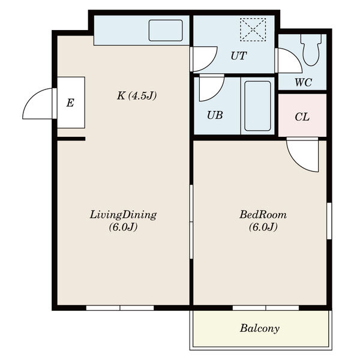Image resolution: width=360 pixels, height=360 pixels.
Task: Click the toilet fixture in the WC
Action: [x=311, y=50]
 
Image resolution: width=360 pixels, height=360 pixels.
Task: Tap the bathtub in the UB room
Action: [x=257, y=106]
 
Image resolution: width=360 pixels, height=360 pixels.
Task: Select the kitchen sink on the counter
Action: [x=166, y=31]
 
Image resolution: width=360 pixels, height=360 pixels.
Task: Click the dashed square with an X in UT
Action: [x=253, y=29]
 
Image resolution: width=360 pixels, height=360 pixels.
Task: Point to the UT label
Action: [x=239, y=56]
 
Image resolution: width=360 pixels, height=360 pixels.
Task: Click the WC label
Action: [x=303, y=82]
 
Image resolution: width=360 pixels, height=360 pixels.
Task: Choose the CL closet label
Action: [x=302, y=117]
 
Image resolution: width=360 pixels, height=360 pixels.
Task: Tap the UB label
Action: [x=215, y=115]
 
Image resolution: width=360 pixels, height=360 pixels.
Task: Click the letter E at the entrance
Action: [x=70, y=103]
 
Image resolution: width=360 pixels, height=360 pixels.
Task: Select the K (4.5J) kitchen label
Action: [x=137, y=95]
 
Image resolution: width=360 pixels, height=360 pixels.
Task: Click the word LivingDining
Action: [x=123, y=215]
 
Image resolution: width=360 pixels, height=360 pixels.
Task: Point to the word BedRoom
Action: [x=263, y=215]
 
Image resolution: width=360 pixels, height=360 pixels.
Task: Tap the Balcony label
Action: [x=260, y=328]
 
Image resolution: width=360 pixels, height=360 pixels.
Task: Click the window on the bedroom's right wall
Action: [x=329, y=221]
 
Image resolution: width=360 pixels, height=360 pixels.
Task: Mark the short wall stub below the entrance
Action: [x=71, y=139]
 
